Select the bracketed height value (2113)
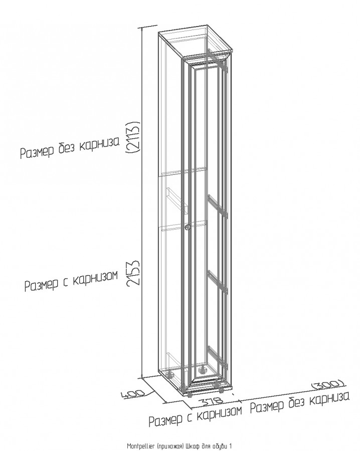click(134, 137)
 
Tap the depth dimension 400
click(135, 393)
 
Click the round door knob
click(187, 227)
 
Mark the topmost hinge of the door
click(218, 61)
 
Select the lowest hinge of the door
click(218, 357)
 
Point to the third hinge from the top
click(218, 282)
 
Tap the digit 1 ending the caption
click(230, 446)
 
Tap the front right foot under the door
click(221, 390)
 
